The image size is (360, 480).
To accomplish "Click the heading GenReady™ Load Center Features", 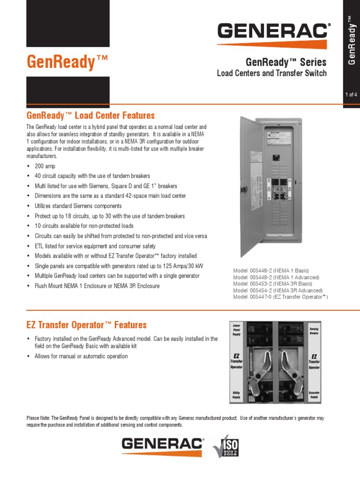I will click(x=90, y=115).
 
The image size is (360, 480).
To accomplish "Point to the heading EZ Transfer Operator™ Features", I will click(x=86, y=325).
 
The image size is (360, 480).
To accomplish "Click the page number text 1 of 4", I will click(x=351, y=95).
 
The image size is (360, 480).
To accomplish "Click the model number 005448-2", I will click(x=262, y=270).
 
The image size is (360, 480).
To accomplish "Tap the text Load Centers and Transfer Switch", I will click(x=271, y=73).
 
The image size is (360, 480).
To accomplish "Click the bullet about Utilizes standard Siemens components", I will click(x=78, y=206).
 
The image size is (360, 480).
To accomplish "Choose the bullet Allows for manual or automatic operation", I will click(x=81, y=356).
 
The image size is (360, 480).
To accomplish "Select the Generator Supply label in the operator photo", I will click(x=314, y=395).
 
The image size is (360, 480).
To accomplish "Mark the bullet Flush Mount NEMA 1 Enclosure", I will click(x=97, y=286).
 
